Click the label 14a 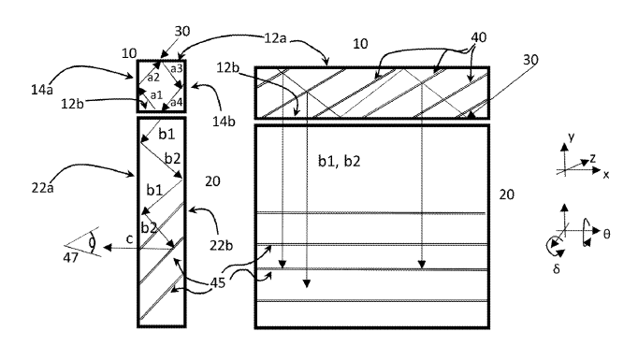pos(42,90)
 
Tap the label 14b pos(224,122)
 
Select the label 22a pos(42,188)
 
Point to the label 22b pos(222,245)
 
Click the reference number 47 pos(70,257)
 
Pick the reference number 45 pos(218,282)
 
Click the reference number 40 pos(479,37)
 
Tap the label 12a pos(275,38)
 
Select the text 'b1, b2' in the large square pos(339,162)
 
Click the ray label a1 pos(156,95)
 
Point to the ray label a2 pos(153,78)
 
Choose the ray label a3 pos(176,69)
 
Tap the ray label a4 pos(176,102)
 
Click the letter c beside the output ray pos(129,239)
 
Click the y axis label pos(572,137)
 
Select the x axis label pos(606,175)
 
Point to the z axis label pos(593,158)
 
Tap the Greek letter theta pos(606,234)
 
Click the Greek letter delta pos(557,269)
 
